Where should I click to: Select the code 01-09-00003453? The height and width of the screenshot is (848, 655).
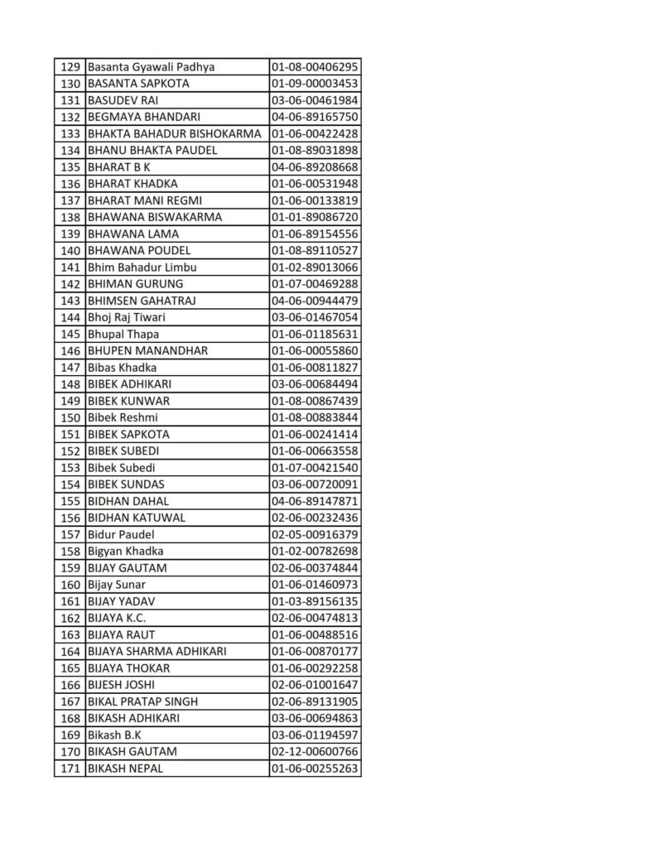click(x=315, y=84)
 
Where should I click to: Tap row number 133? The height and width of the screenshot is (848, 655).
click(x=70, y=133)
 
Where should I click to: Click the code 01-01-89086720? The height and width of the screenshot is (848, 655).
click(x=315, y=217)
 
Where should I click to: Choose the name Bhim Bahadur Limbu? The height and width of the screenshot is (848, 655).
click(x=142, y=267)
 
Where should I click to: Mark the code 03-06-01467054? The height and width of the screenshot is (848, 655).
click(x=315, y=317)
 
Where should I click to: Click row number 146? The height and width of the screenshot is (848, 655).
click(x=70, y=350)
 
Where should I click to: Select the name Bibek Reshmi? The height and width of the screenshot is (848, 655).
click(x=123, y=417)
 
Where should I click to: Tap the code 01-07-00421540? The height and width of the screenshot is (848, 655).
click(x=315, y=468)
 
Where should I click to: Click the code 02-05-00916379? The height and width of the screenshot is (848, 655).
click(x=315, y=534)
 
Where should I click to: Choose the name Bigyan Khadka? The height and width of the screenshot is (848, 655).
click(x=126, y=551)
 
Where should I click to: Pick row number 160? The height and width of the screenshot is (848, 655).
click(x=70, y=585)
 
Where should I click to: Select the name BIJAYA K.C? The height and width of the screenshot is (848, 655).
click(x=117, y=618)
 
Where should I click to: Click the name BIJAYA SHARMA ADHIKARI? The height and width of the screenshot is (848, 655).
click(x=157, y=652)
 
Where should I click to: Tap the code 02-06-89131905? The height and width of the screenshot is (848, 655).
click(x=315, y=701)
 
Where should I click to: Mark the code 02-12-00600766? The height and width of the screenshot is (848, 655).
click(x=315, y=752)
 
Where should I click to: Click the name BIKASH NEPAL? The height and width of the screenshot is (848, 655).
click(x=125, y=768)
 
